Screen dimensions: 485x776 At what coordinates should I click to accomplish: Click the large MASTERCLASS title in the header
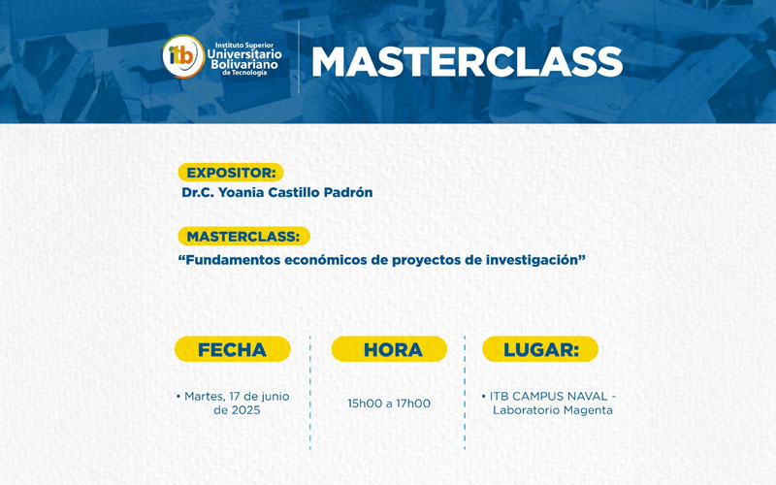(x=467, y=61)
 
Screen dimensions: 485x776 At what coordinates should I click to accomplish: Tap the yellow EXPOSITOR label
(x=231, y=173)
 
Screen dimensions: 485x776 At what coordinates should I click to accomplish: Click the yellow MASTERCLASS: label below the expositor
(x=243, y=236)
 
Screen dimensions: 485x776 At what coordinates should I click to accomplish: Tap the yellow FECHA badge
(x=232, y=349)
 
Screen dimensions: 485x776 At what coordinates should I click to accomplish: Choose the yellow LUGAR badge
(x=541, y=349)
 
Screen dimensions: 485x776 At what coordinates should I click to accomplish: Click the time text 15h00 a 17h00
(x=389, y=404)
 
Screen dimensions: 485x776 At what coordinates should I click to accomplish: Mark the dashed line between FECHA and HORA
(x=310, y=393)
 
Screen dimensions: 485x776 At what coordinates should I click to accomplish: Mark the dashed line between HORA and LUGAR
(x=465, y=393)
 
